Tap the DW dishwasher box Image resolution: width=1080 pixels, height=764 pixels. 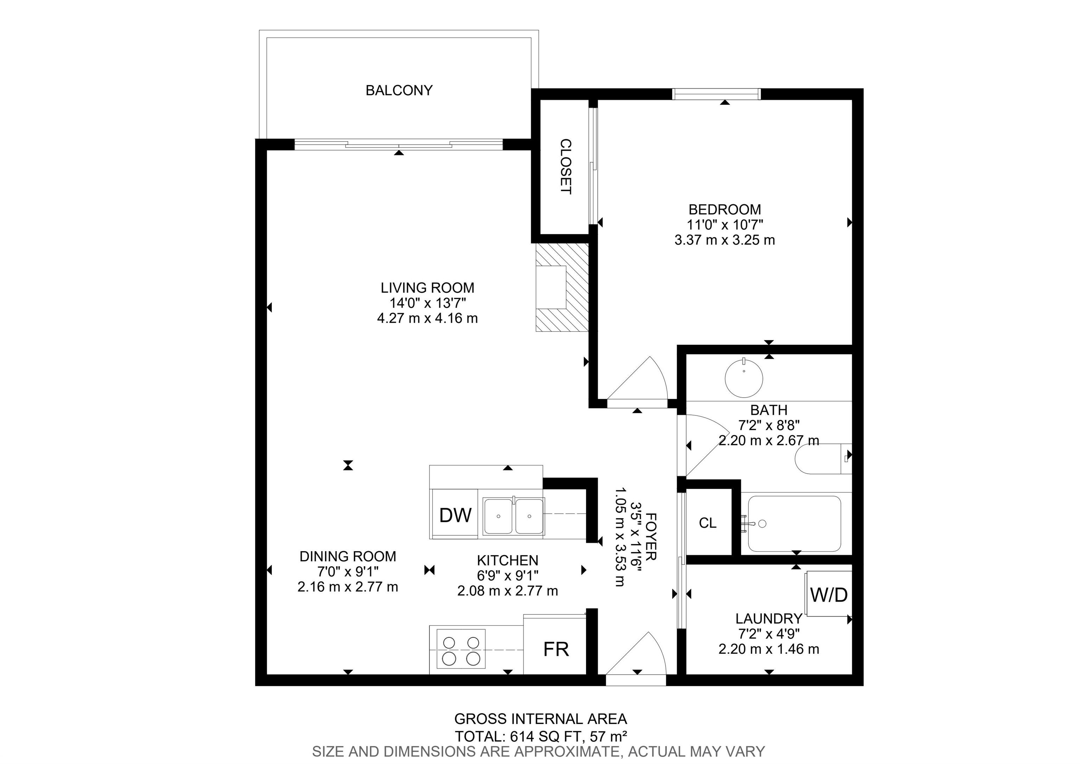click(x=454, y=514)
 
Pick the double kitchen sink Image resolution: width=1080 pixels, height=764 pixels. click(x=514, y=516)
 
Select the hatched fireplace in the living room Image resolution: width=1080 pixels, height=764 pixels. click(x=562, y=287)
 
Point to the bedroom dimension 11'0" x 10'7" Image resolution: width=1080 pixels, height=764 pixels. click(x=724, y=225)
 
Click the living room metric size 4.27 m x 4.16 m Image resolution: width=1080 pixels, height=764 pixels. click(x=427, y=318)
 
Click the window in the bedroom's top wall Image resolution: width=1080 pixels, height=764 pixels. click(x=716, y=94)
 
